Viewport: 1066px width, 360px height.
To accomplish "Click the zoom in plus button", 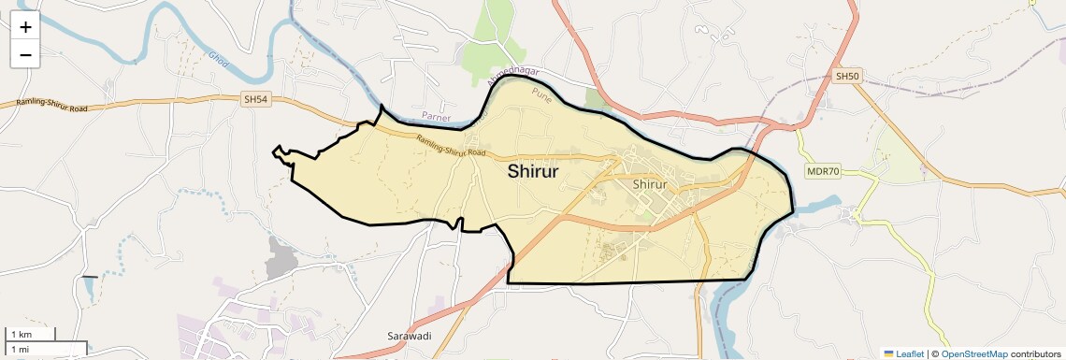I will [x=25, y=27].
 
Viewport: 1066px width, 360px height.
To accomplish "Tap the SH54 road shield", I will [x=254, y=98].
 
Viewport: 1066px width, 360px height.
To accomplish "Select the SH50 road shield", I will [x=846, y=76].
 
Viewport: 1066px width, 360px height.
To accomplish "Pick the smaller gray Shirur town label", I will [x=649, y=184].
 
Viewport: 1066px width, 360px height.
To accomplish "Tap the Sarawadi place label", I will [x=410, y=336].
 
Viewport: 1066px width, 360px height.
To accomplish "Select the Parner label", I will [x=436, y=118].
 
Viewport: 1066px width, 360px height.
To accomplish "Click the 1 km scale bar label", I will [x=21, y=335].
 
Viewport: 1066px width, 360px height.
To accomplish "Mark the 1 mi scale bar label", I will [x=20, y=349].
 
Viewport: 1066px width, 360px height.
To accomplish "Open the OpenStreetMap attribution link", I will [x=974, y=353].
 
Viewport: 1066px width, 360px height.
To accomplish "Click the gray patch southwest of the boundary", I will [x=280, y=258].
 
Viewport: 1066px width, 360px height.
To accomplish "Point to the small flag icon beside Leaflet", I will [x=889, y=353].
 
